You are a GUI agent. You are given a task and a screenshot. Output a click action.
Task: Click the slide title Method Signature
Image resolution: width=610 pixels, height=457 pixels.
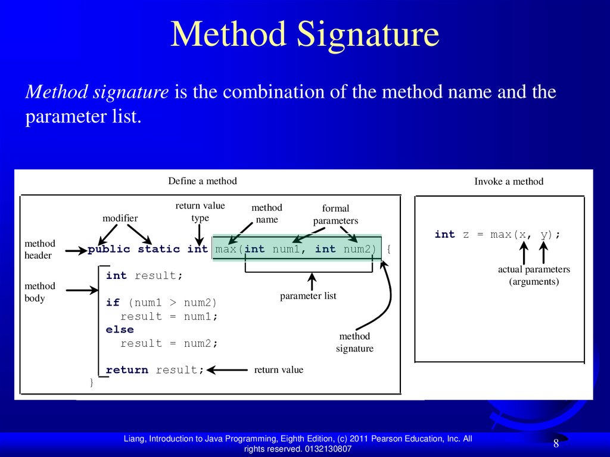point(304,35)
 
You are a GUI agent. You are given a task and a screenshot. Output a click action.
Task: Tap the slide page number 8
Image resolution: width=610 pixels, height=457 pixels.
point(556,443)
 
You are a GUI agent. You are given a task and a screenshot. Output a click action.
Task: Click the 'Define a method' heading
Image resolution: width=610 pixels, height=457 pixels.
point(203,181)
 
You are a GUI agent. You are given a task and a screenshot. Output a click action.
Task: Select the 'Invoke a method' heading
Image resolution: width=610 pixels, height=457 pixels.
point(509,182)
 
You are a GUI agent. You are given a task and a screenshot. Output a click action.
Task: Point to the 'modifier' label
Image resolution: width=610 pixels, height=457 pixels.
point(120,219)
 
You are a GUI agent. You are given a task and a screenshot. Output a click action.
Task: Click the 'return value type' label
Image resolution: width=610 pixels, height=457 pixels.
point(200,212)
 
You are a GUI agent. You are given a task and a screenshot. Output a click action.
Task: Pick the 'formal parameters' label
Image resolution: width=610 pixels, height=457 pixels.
point(335,214)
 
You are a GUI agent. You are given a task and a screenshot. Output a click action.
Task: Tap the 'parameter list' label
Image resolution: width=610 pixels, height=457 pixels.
point(308,296)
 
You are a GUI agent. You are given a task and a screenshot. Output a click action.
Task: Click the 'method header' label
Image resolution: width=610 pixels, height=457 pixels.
point(39,249)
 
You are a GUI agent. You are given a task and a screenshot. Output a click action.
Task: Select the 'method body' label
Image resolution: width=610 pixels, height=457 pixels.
point(39,292)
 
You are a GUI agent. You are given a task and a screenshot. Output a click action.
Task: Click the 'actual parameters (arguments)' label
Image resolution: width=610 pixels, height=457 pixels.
point(534,275)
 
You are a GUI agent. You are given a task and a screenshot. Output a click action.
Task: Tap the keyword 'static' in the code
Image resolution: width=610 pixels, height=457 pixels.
point(159,249)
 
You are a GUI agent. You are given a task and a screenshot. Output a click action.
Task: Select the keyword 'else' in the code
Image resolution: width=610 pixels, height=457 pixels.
point(120,329)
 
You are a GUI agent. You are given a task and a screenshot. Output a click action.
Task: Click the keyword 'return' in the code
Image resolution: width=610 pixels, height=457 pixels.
point(127,370)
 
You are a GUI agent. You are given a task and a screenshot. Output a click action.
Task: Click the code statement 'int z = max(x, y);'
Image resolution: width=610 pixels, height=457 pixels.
point(497,235)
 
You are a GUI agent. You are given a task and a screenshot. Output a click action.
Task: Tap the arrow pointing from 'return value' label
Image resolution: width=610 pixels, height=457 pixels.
point(227,370)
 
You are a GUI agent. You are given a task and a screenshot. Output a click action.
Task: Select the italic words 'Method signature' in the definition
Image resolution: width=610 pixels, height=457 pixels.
point(97,92)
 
